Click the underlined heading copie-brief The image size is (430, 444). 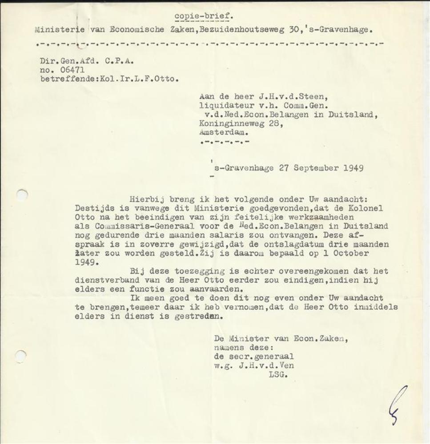203,17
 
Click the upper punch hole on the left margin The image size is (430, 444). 21,194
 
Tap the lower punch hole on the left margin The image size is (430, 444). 20,355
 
